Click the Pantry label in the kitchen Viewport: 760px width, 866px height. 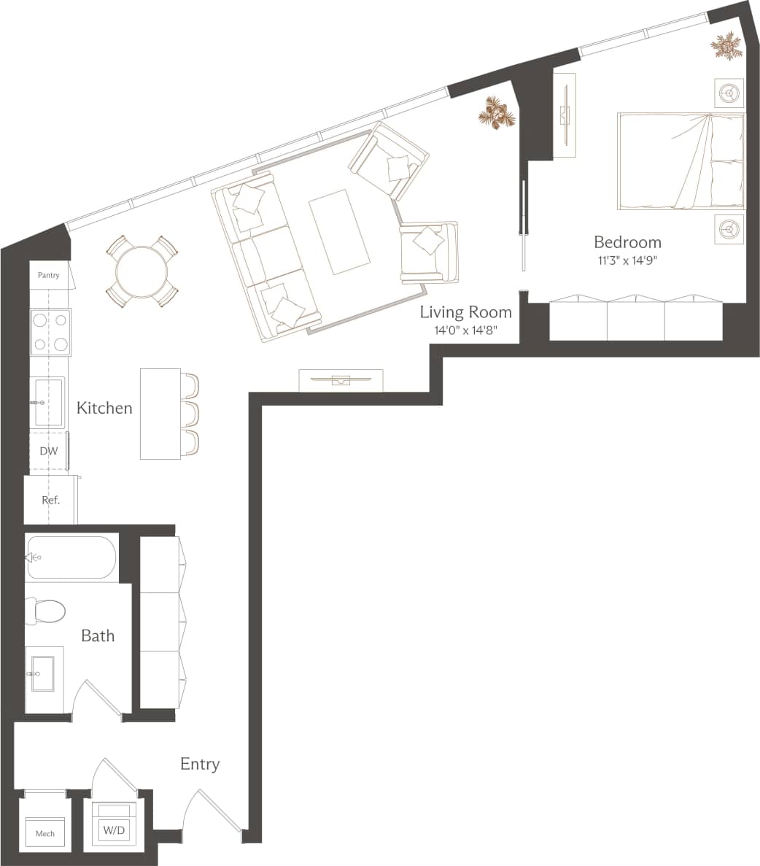(49, 276)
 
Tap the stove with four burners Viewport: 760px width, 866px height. (50, 332)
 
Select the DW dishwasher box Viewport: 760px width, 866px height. (48, 452)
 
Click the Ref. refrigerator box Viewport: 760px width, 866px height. (50, 500)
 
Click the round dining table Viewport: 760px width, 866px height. (142, 271)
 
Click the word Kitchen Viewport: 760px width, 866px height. (104, 408)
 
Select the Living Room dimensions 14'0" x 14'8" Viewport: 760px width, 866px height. (465, 330)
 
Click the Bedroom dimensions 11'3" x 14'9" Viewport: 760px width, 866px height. (627, 260)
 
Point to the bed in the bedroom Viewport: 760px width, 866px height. (680, 161)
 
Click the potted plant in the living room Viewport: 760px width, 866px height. (497, 115)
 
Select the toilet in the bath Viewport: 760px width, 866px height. (44, 611)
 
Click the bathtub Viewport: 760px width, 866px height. (71, 557)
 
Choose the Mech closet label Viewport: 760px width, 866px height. (45, 833)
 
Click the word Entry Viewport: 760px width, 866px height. (200, 764)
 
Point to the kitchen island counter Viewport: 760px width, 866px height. (160, 414)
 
